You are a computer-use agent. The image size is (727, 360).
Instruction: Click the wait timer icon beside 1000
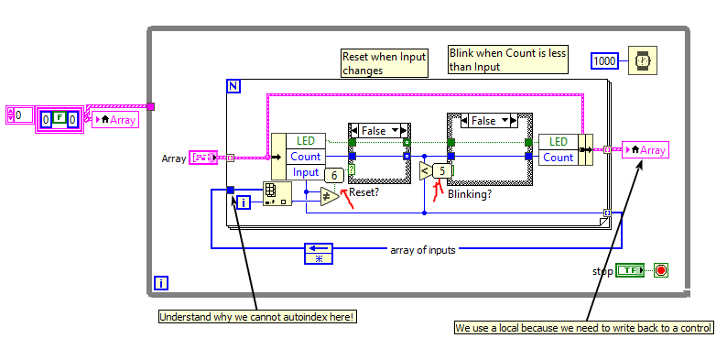pos(645,60)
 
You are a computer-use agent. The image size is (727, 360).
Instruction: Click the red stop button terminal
pos(661,270)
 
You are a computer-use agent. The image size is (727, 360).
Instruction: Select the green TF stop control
pos(629,270)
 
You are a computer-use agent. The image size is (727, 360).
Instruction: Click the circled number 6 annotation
pos(334,176)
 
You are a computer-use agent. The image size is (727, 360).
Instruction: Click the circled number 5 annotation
pos(444,170)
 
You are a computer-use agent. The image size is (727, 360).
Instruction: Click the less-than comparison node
pos(425,171)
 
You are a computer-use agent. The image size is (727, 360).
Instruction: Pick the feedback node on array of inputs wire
pos(319,254)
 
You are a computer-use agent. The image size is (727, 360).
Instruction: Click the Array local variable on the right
pos(645,150)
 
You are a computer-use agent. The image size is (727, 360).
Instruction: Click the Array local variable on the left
pos(114,119)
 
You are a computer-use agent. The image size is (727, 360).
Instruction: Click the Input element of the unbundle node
pos(305,172)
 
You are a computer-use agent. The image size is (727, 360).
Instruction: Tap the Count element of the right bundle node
pos(559,157)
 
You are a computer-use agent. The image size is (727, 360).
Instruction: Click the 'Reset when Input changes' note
pos(384,62)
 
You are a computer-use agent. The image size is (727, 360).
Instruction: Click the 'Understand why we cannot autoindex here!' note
pos(257,317)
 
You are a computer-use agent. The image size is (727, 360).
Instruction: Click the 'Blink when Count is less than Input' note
pos(508,60)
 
